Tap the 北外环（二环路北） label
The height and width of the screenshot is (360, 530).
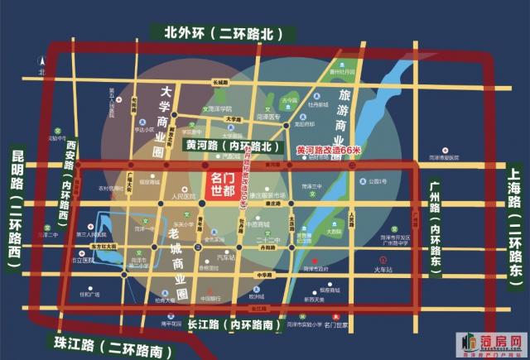pos(219,34)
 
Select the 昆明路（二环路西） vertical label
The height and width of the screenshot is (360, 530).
pos(19,205)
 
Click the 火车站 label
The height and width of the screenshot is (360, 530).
pos(383,268)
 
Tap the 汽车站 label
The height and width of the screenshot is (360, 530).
pos(225,257)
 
